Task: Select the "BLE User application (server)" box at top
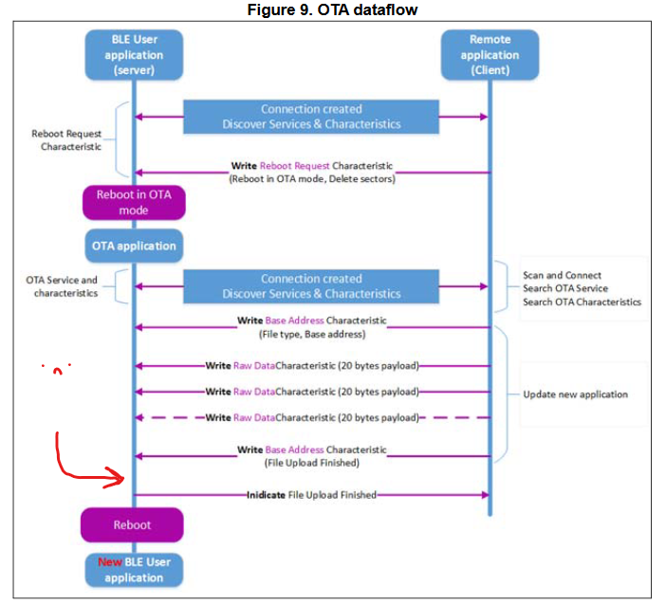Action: (x=133, y=55)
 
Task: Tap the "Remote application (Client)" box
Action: (x=490, y=55)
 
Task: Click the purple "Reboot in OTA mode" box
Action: (x=134, y=202)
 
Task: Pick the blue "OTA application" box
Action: (x=134, y=246)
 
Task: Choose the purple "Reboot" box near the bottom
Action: (x=134, y=524)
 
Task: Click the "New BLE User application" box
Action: (x=134, y=569)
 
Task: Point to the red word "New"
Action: (x=109, y=561)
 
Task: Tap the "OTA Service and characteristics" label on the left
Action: (x=63, y=286)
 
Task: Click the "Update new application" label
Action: (x=576, y=394)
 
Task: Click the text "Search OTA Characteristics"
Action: (x=582, y=302)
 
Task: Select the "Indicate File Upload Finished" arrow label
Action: (x=311, y=495)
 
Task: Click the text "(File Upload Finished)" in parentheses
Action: (x=311, y=463)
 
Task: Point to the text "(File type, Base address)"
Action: (x=311, y=335)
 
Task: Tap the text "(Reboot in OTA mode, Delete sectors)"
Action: (x=311, y=179)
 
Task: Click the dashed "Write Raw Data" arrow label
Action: (x=311, y=417)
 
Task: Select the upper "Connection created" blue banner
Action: (x=311, y=117)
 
